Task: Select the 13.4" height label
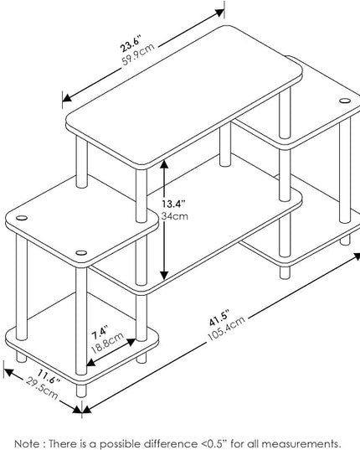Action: (173, 204)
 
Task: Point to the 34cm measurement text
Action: (174, 216)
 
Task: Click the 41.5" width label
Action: (219, 318)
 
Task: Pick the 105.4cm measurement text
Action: (226, 328)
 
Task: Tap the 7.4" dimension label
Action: (100, 333)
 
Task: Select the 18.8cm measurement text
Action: (107, 343)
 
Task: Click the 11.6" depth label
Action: (49, 377)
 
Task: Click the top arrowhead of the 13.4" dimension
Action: (164, 164)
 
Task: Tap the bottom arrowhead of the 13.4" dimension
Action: (164, 275)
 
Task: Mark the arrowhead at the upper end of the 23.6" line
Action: (220, 13)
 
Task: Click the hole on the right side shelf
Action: (345, 101)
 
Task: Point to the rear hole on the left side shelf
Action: (22, 218)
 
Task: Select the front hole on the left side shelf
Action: (81, 253)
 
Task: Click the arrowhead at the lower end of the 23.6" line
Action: (67, 98)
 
